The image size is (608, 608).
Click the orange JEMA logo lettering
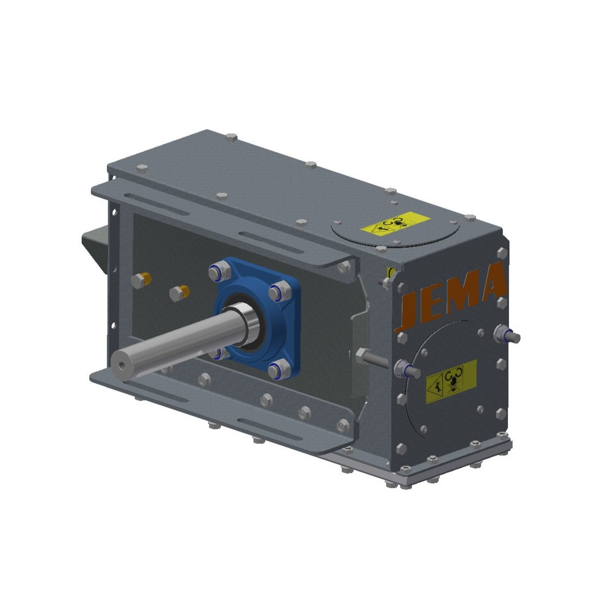tap(452, 295)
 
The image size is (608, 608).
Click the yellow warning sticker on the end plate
tap(451, 381)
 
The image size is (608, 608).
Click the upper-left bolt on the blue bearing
tap(217, 273)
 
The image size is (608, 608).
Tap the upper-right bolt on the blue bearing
tap(278, 292)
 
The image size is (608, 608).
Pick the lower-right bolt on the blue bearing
tap(279, 370)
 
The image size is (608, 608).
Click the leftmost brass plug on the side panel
tap(141, 280)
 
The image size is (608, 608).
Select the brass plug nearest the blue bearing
tap(180, 293)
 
